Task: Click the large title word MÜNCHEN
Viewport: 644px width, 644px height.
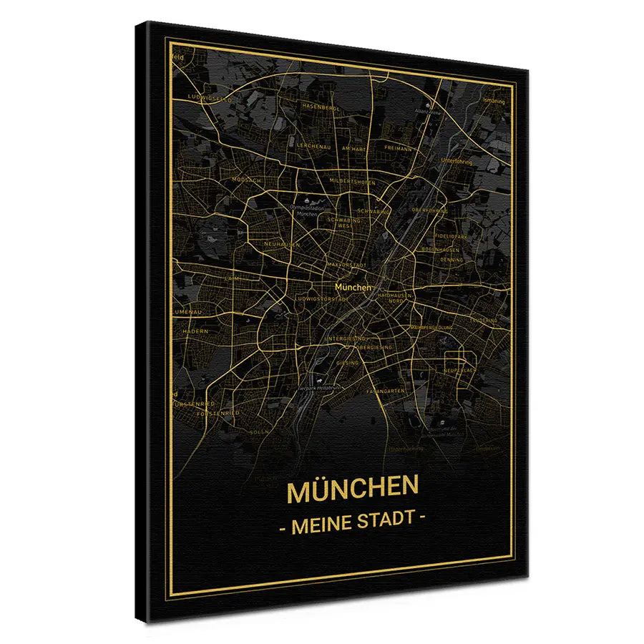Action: tap(352, 491)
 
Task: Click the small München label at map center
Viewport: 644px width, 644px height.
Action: tap(353, 288)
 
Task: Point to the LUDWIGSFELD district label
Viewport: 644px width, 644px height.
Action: tap(209, 97)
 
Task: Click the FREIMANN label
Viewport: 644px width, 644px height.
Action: tap(398, 148)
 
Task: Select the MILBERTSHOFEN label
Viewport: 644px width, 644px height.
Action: tap(353, 182)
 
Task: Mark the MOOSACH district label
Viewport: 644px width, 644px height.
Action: tap(247, 181)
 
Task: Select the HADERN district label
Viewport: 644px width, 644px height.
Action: tap(195, 331)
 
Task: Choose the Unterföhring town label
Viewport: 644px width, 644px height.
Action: tap(459, 161)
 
